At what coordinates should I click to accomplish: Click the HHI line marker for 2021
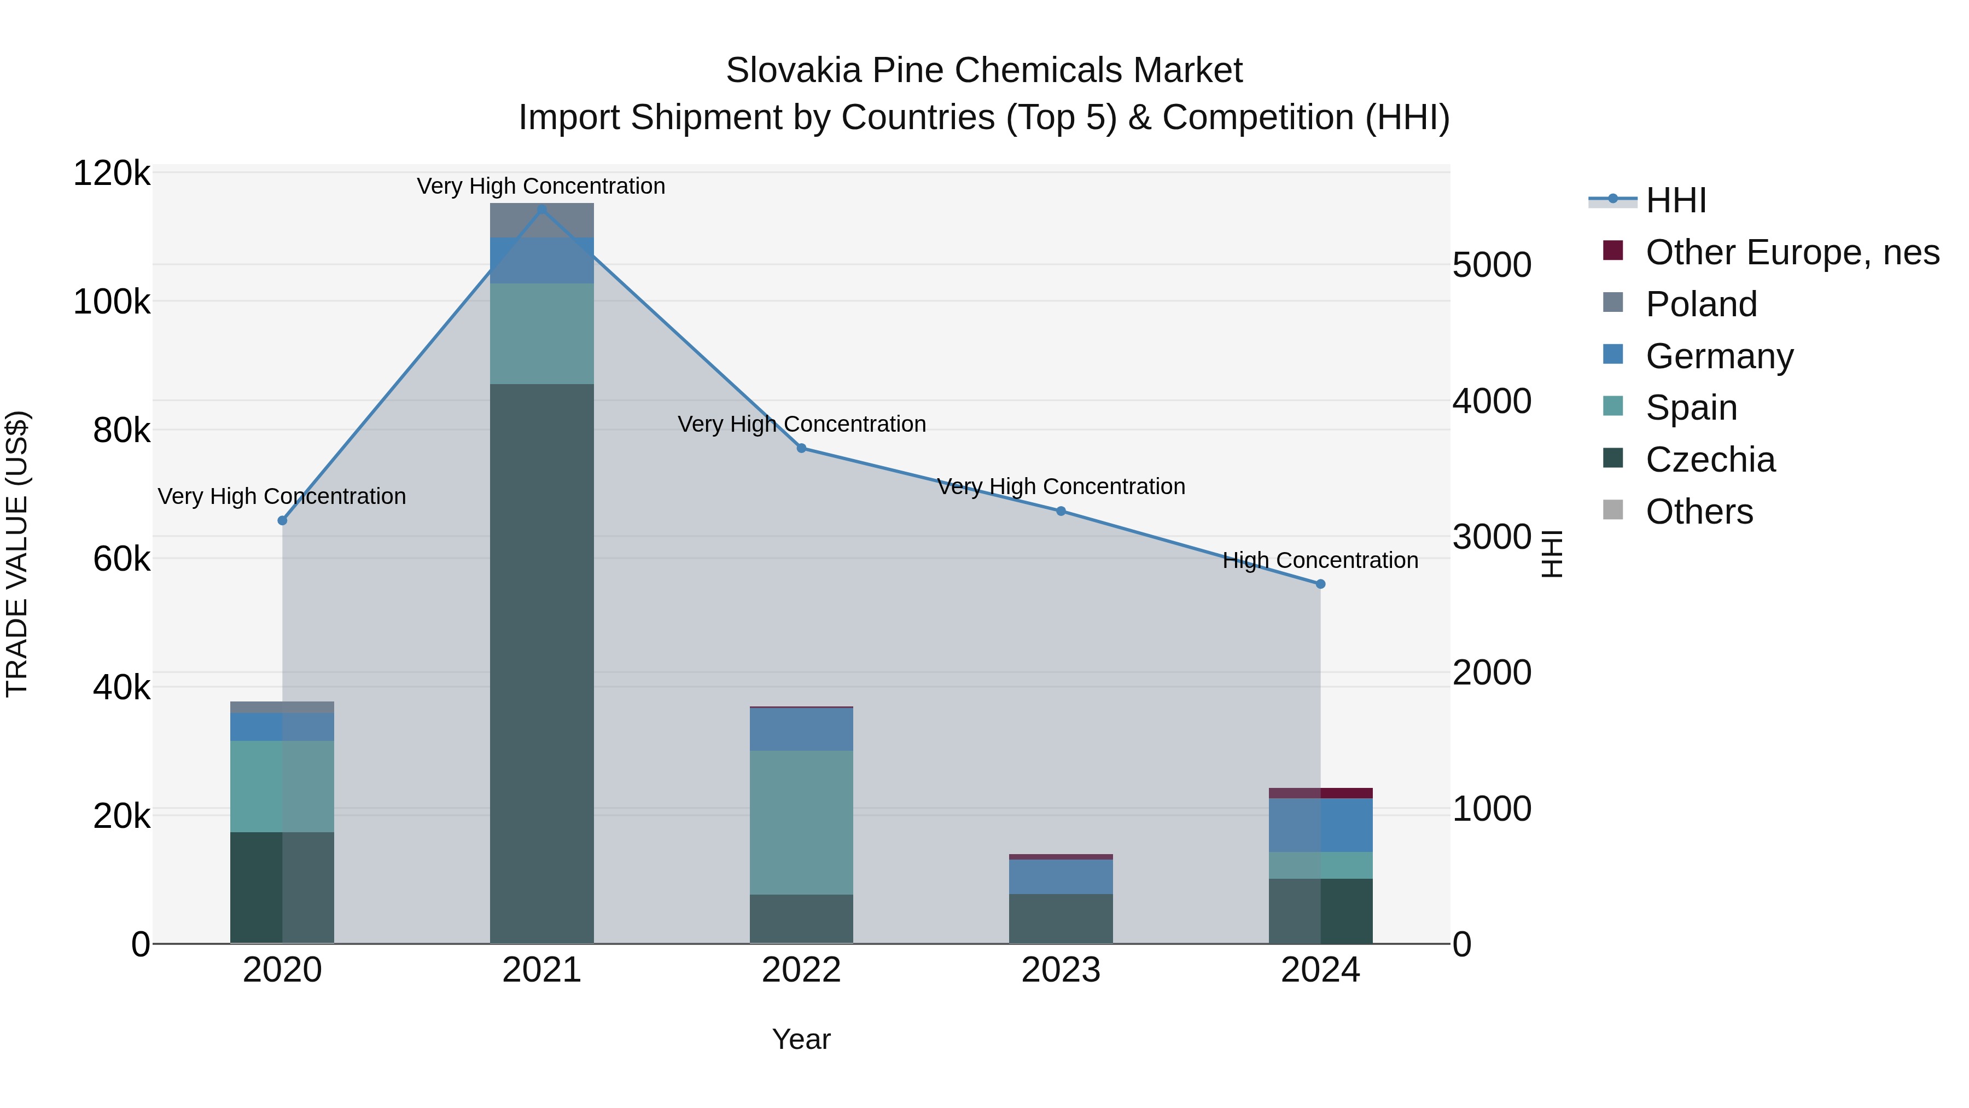tap(542, 210)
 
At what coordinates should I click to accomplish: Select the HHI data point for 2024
tap(1320, 584)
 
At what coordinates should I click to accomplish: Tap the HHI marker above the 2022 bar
tap(801, 448)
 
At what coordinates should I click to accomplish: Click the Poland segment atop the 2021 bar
tap(542, 220)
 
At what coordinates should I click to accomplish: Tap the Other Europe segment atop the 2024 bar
tap(1320, 793)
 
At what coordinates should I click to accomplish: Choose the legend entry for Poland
tap(1700, 304)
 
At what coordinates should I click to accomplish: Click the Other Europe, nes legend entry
tap(1792, 252)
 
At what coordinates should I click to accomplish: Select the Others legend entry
tap(1698, 512)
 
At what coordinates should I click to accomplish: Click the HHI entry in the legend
tap(1675, 200)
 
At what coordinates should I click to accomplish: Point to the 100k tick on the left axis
tap(112, 302)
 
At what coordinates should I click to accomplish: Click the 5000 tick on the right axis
tap(1492, 265)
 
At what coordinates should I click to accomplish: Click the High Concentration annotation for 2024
tap(1320, 560)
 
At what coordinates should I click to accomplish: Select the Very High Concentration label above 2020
tap(282, 496)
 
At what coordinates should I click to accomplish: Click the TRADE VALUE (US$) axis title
tap(17, 554)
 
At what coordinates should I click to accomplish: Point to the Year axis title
tap(801, 1039)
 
